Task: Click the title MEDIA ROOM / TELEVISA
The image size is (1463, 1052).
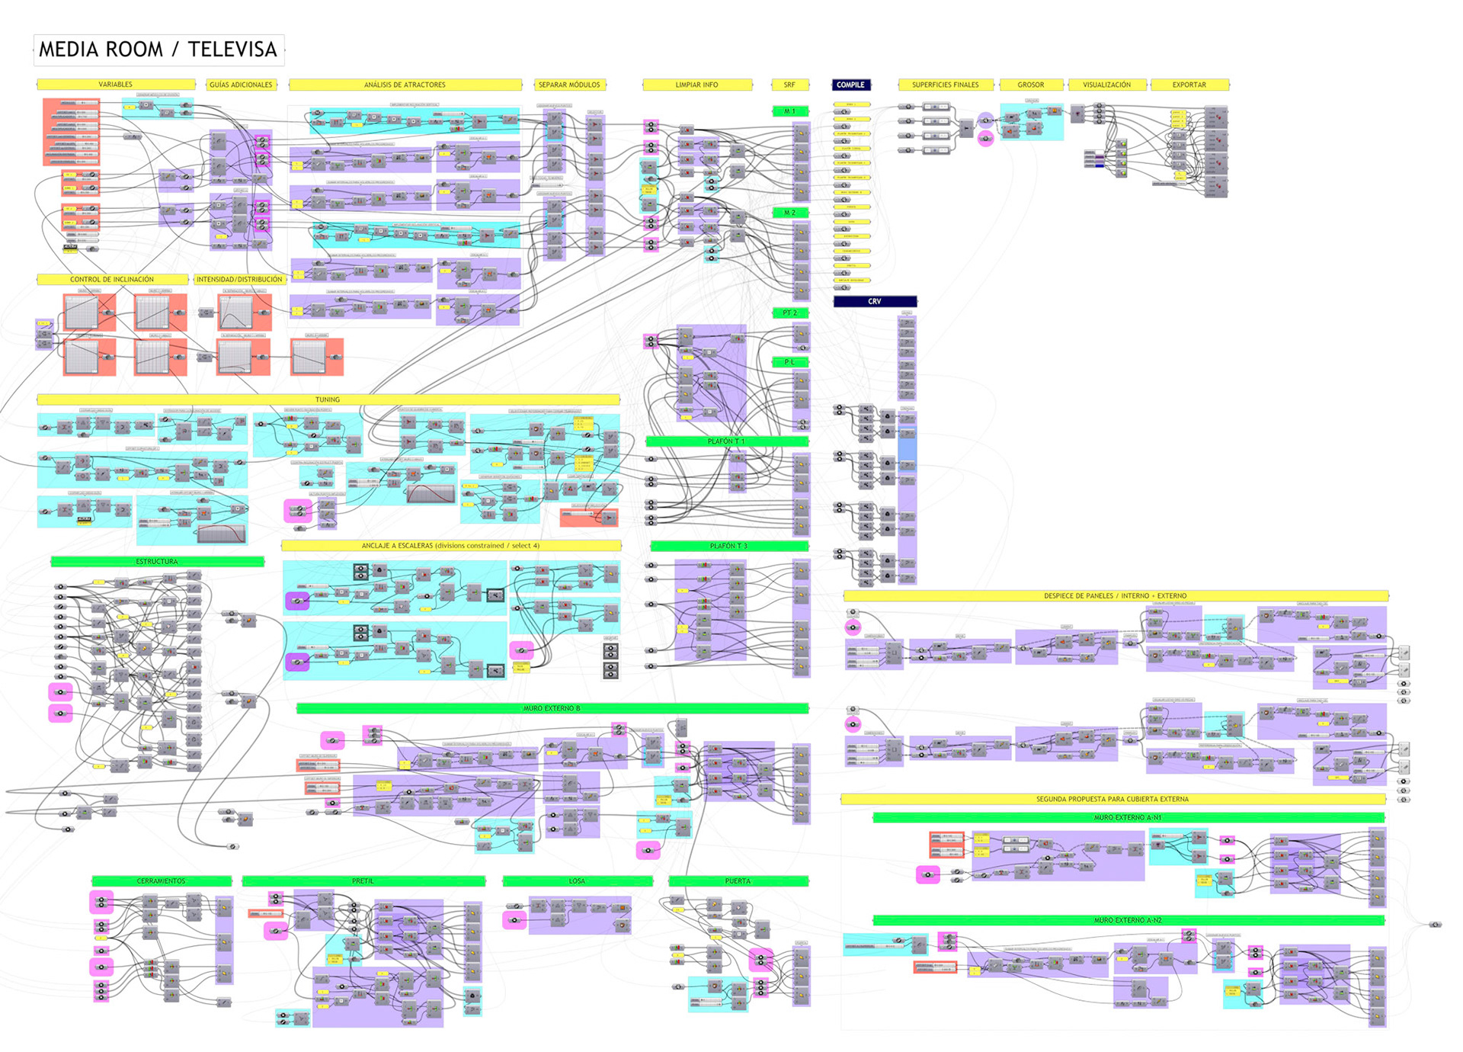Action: [x=158, y=50]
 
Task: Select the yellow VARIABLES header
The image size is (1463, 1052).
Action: [x=116, y=85]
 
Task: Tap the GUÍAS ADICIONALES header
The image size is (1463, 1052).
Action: [x=241, y=85]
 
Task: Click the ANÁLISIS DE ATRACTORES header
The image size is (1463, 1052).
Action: [x=405, y=85]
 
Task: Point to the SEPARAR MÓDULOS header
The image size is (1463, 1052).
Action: [x=569, y=85]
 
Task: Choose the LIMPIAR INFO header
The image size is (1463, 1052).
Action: [x=696, y=85]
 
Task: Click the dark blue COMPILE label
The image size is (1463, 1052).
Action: [x=850, y=85]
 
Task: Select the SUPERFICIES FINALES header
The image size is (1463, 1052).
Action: [x=945, y=85]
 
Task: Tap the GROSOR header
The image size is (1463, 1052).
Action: [x=1030, y=85]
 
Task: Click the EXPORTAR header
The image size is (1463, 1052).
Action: [x=1189, y=85]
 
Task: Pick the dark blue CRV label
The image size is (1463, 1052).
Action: [x=875, y=301]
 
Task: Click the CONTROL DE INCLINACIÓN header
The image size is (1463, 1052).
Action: [x=112, y=280]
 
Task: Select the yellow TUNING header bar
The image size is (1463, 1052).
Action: [x=328, y=399]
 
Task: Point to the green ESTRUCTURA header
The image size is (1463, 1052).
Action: [x=157, y=562]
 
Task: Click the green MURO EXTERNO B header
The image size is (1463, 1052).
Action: [x=552, y=708]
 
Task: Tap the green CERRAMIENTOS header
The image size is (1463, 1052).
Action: [x=161, y=881]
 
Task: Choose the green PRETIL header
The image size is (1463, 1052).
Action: [x=363, y=881]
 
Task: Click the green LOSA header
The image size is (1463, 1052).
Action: [x=577, y=881]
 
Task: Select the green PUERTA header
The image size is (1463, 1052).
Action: [x=738, y=881]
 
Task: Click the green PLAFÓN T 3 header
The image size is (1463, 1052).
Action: [x=728, y=546]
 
